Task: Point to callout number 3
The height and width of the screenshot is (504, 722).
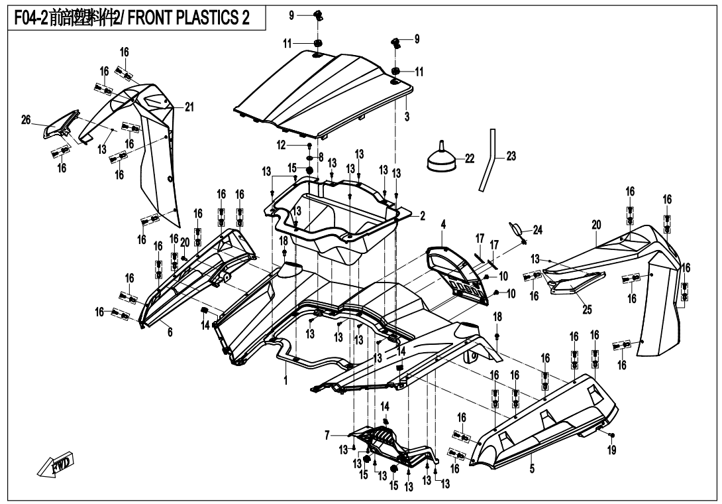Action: [407, 117]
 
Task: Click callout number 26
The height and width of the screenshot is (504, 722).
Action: [26, 120]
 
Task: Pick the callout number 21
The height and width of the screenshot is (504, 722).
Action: [189, 107]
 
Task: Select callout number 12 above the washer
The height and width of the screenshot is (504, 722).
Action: [281, 145]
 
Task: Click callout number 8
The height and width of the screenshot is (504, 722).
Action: [321, 157]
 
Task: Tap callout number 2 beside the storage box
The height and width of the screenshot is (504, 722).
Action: [421, 217]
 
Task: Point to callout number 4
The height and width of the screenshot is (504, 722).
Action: [443, 225]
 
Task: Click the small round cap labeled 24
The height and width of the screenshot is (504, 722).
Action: [516, 229]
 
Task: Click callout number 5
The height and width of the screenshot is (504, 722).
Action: [532, 468]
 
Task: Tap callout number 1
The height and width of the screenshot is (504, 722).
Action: [285, 382]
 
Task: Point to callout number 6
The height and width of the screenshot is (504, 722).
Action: [170, 332]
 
